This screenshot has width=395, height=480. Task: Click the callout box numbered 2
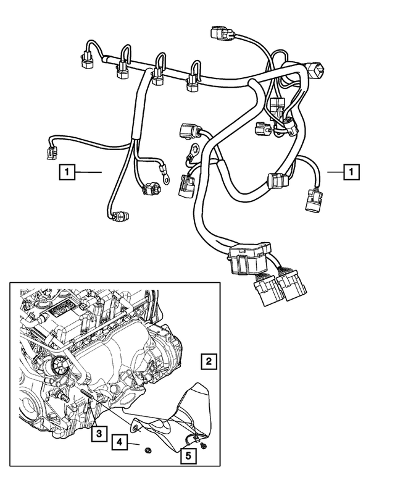(210, 361)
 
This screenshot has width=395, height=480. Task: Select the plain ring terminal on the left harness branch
(166, 179)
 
